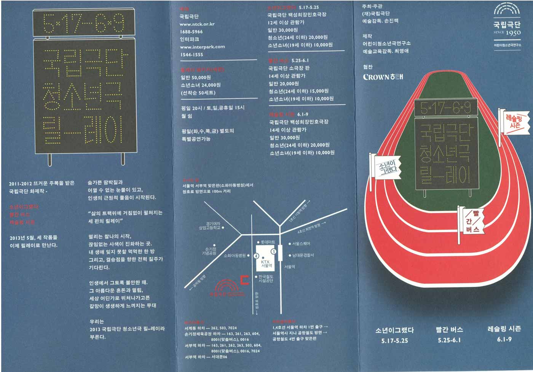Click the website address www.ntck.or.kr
pos(197,24)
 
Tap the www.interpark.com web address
pos(202,47)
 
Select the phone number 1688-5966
pos(191,32)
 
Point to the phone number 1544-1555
pos(191,55)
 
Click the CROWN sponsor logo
pos(383,77)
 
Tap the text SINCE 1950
pos(507,33)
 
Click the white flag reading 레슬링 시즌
pos(515,122)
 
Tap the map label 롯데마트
pos(267,242)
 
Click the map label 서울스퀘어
pos(301,243)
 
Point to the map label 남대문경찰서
pos(303,255)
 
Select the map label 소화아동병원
pos(235,256)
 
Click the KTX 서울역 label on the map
pos(266,264)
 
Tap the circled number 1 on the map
pos(273,252)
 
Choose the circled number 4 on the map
pos(256,256)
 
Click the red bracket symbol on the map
pos(245,280)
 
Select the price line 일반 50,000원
pos(196,77)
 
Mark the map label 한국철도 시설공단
pos(266,278)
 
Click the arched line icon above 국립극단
pos(507,10)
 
